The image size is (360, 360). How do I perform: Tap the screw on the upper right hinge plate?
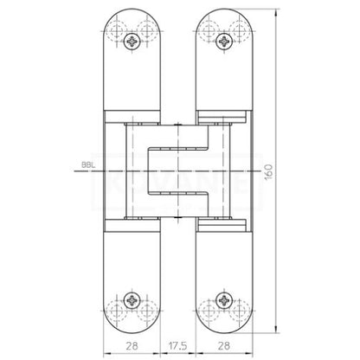pos(225,42)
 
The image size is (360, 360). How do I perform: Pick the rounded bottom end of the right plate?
pos(225,328)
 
